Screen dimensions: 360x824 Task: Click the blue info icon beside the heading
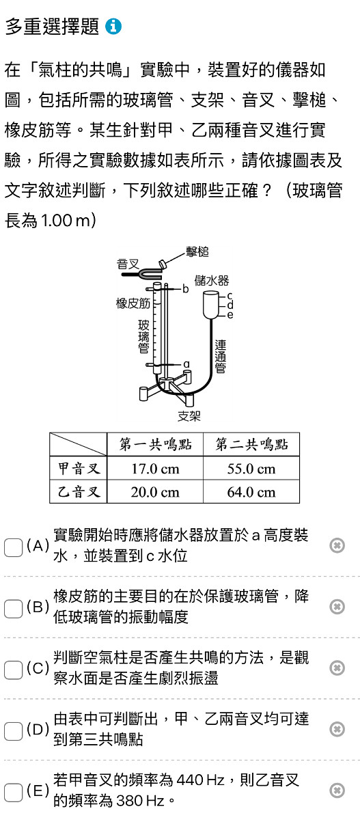[x=113, y=27]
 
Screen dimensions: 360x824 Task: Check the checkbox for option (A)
[x=13, y=548]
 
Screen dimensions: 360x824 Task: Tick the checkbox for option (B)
[x=13, y=609]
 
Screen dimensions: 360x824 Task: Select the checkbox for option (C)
[x=13, y=670]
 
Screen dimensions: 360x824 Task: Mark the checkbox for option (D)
[x=13, y=731]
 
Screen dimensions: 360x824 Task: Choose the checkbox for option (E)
[x=13, y=793]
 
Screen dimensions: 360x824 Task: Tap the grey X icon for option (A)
[x=337, y=545]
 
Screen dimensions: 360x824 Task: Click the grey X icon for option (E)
[x=337, y=790]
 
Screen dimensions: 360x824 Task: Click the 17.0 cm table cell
[x=155, y=469]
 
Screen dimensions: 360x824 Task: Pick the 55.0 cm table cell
[x=251, y=469]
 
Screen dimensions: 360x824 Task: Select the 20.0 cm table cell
[x=155, y=492]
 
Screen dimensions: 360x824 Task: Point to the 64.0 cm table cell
[x=251, y=492]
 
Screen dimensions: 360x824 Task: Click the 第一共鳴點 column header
[x=155, y=444]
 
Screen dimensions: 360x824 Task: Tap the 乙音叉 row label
[x=79, y=492]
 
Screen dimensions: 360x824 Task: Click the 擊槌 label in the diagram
[x=197, y=252]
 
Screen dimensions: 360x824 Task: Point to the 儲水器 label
[x=212, y=281]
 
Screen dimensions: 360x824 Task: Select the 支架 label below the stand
[x=189, y=416]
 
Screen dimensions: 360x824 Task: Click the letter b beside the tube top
[x=186, y=289]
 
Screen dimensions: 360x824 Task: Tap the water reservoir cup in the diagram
[x=211, y=305]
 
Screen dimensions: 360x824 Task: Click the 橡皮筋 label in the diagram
[x=133, y=303]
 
